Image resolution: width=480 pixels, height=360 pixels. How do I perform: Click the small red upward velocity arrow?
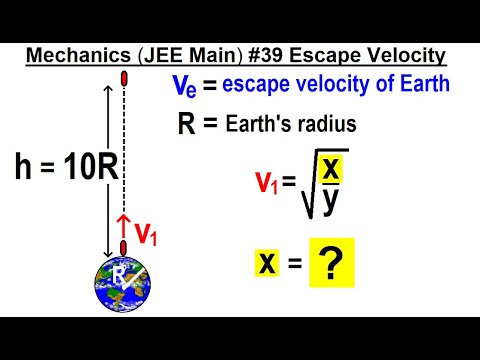click(x=124, y=221)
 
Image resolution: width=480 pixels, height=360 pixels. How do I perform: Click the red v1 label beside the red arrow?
click(x=147, y=233)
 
